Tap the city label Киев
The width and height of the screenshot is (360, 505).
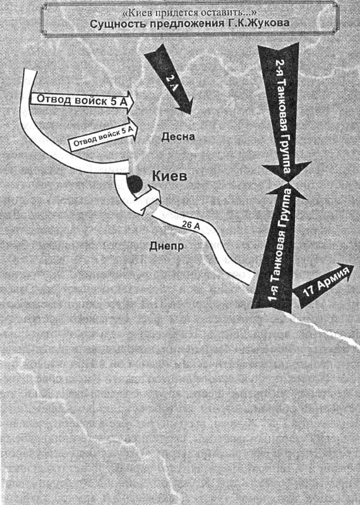pos(169,176)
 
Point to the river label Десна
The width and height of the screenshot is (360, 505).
pos(178,137)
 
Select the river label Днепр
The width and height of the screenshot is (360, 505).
pos(167,246)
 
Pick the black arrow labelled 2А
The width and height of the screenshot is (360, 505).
pos(169,80)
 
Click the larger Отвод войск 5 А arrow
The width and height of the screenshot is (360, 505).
pos(83,101)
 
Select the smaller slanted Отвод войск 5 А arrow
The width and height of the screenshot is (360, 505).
pos(104,135)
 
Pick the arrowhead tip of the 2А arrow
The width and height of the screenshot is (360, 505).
pos(191,114)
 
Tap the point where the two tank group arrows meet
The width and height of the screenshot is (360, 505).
pos(288,183)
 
